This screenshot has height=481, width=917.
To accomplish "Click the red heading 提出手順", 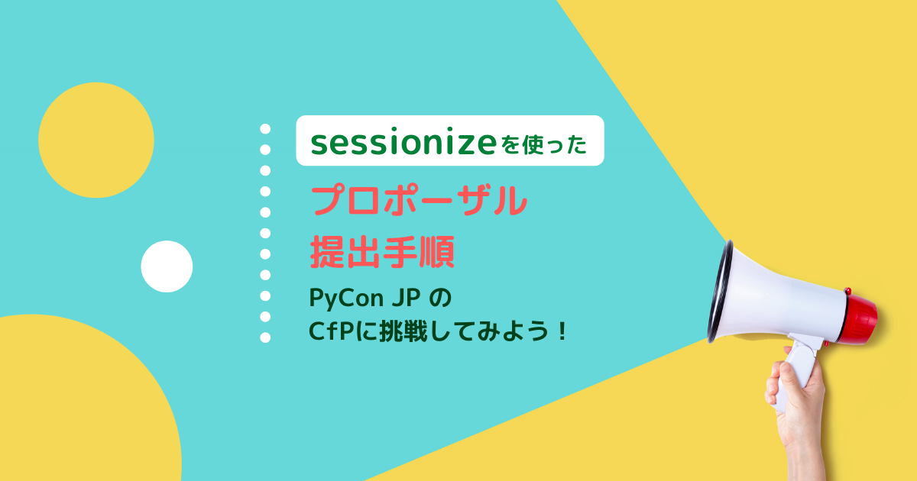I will click(382, 252).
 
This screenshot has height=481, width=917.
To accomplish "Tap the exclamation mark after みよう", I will click(562, 333).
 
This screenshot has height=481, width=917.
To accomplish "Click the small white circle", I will click(167, 266).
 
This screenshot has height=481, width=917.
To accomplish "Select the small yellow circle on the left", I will click(96, 140).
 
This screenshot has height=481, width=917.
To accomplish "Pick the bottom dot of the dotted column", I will click(265, 337).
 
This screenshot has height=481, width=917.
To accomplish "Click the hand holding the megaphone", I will click(799, 405).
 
